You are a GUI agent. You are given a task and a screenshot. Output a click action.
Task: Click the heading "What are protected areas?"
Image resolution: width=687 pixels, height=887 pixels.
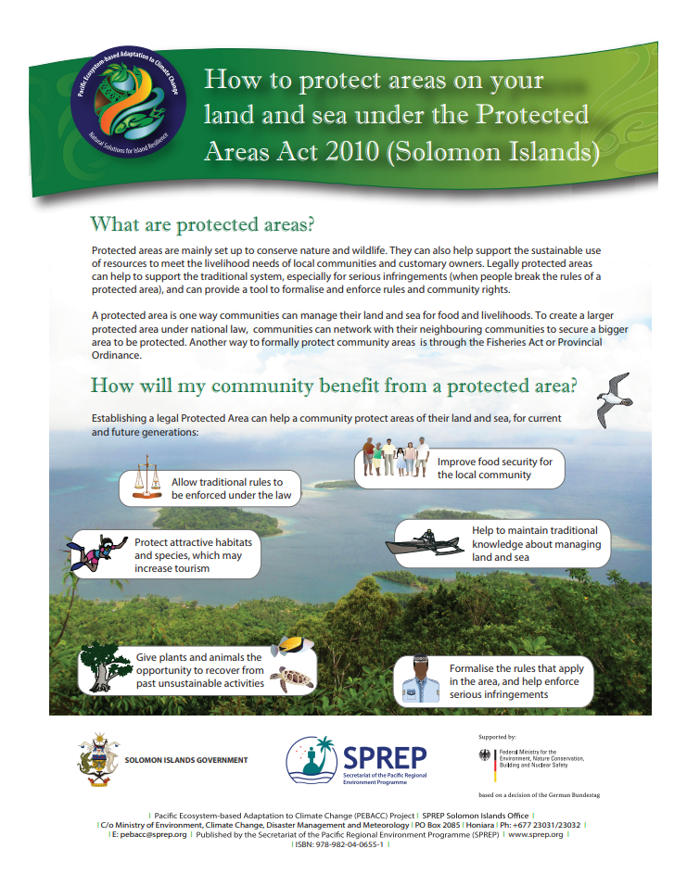click(x=201, y=224)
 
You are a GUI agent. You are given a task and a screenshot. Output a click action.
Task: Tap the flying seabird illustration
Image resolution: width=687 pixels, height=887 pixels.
click(x=611, y=399)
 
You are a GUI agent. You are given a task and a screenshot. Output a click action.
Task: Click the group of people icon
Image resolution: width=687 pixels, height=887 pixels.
click(x=395, y=458)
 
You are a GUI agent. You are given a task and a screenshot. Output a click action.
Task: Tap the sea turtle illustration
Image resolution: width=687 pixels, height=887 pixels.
click(x=292, y=679)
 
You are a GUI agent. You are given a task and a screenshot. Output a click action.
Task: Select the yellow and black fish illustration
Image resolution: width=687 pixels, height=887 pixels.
click(x=290, y=644)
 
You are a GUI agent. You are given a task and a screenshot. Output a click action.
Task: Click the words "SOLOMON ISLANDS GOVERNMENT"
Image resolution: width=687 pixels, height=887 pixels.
click(x=186, y=760)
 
